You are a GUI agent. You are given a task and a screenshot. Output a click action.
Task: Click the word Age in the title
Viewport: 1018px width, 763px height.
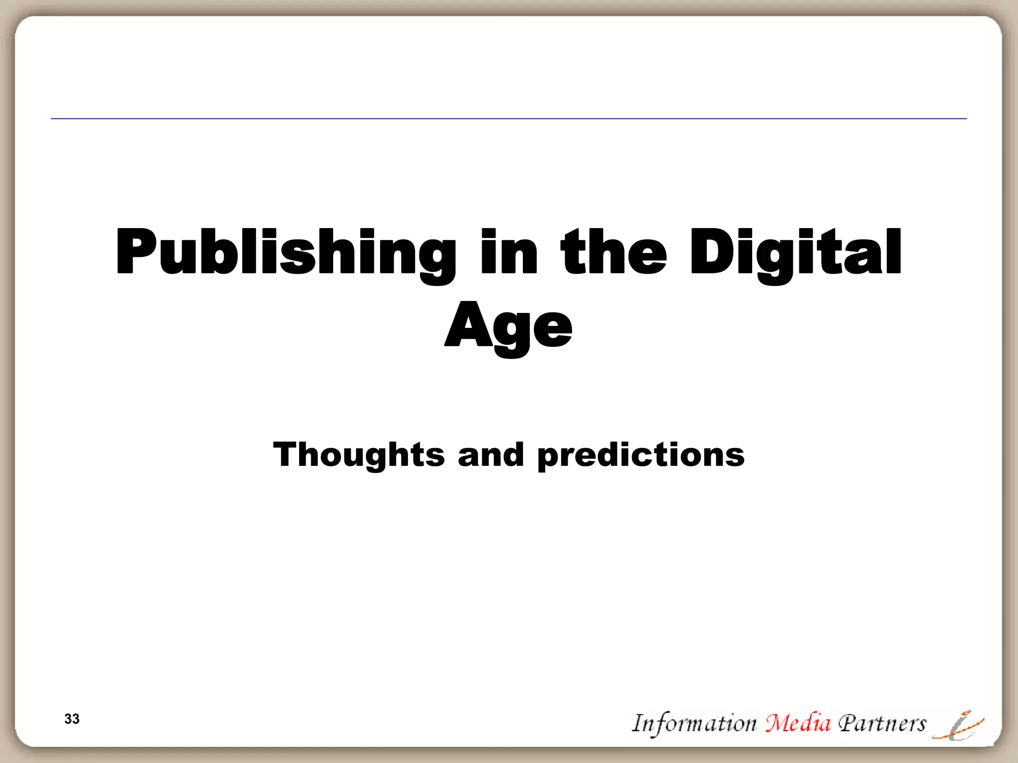(509, 325)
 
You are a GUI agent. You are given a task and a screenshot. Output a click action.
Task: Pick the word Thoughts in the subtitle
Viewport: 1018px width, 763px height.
(359, 455)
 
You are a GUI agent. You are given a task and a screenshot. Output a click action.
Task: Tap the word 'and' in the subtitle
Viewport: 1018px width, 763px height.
(491, 455)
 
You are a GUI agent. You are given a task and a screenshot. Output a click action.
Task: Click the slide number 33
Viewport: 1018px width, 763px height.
(72, 719)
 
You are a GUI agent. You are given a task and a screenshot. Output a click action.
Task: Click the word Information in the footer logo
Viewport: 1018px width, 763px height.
(694, 723)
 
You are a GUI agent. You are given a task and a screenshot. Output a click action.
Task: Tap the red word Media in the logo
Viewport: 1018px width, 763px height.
(798, 723)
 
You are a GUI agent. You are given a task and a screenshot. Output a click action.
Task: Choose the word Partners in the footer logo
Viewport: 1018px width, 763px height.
(882, 723)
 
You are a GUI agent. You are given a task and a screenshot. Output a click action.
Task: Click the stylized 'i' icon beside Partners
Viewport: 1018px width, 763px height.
(958, 726)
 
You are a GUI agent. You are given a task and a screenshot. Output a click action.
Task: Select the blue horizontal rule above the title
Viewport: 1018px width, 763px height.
(509, 119)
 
